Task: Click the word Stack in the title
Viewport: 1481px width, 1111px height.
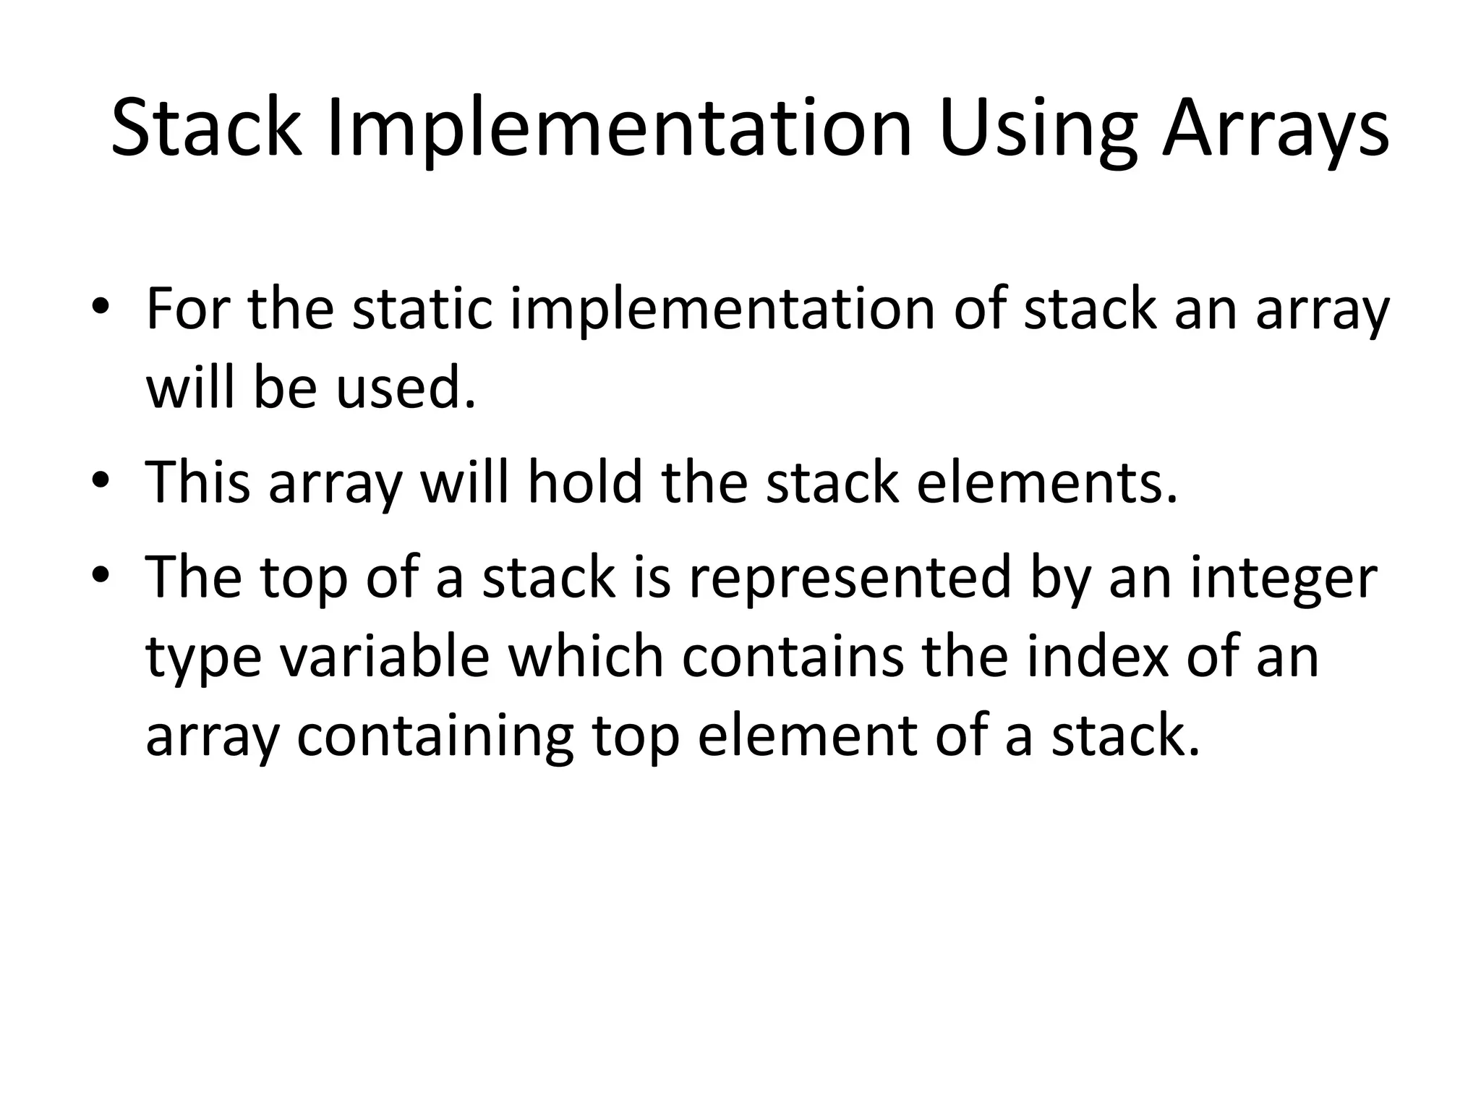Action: click(206, 128)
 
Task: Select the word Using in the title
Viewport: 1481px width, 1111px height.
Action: click(1038, 128)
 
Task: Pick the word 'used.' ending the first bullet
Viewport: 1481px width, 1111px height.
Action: click(406, 388)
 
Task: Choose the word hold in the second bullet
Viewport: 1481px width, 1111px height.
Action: click(585, 482)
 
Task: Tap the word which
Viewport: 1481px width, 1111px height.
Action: click(585, 657)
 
